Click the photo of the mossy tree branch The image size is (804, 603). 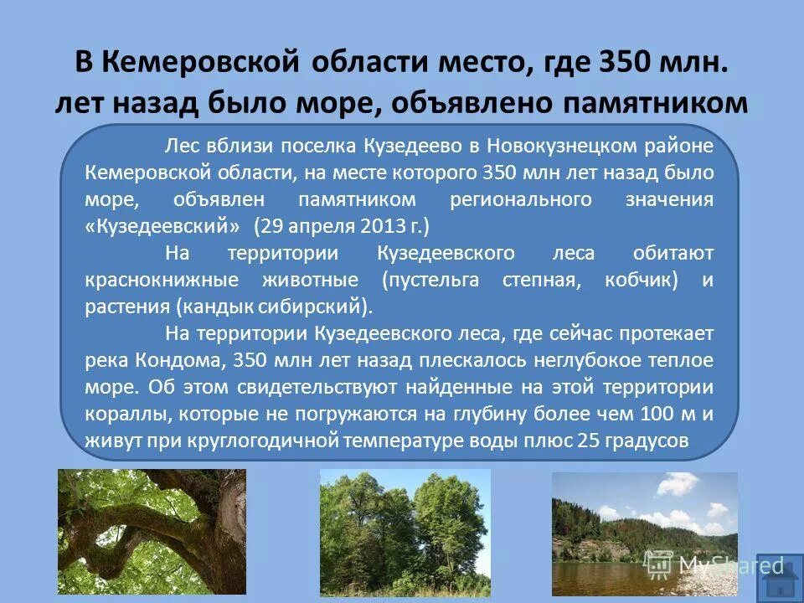tap(152, 531)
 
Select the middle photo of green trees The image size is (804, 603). tap(405, 531)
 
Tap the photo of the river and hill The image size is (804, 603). tap(644, 533)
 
